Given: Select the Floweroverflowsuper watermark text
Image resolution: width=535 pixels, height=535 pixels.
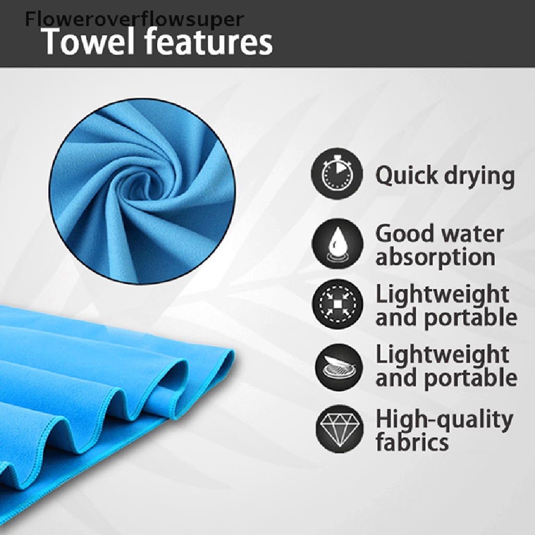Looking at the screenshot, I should pyautogui.click(x=134, y=19).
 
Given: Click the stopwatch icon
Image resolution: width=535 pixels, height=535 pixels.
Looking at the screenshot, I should pyautogui.click(x=337, y=173).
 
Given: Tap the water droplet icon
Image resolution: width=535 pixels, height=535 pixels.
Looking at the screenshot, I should pyautogui.click(x=337, y=243).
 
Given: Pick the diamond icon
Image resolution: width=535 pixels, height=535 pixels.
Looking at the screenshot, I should pyautogui.click(x=339, y=429).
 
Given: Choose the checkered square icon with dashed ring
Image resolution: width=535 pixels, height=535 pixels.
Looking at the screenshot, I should pyautogui.click(x=338, y=304).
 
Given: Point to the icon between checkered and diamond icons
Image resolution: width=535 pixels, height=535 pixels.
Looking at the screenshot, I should pyautogui.click(x=339, y=366).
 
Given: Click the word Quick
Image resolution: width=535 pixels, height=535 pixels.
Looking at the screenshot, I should pyautogui.click(x=406, y=176).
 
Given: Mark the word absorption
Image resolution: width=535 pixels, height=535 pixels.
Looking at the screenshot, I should pyautogui.click(x=435, y=258).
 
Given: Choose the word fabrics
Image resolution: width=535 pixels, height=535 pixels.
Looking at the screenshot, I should pyautogui.click(x=412, y=442).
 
